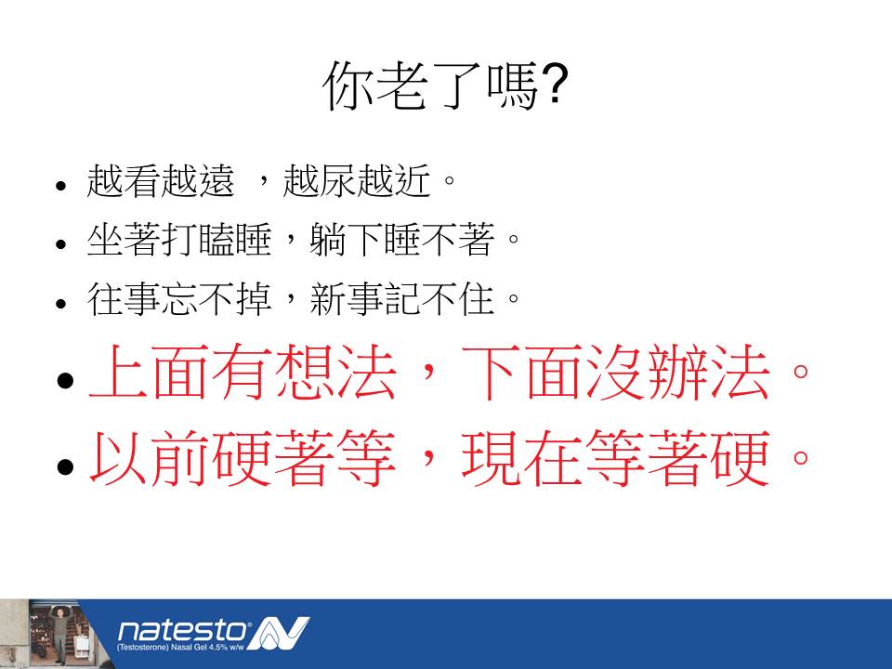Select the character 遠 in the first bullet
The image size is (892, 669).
coord(216,181)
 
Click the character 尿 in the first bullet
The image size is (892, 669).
coord(338,181)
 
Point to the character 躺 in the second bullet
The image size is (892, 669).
coord(328,240)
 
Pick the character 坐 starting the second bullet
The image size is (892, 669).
coord(105,240)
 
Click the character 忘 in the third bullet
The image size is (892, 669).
coord(179,298)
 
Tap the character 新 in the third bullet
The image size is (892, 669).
coord(328,298)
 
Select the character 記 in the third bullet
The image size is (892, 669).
coord(402,298)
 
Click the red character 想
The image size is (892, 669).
coord(305,372)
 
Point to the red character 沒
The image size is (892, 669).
coord(616,372)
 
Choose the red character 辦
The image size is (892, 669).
coord(677,372)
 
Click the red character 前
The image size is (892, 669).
coord(181,458)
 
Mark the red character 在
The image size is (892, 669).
coord(554,458)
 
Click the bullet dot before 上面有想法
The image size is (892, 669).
coord(65,379)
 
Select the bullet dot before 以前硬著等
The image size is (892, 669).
coord(65,466)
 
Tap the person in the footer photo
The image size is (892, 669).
coord(59,633)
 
